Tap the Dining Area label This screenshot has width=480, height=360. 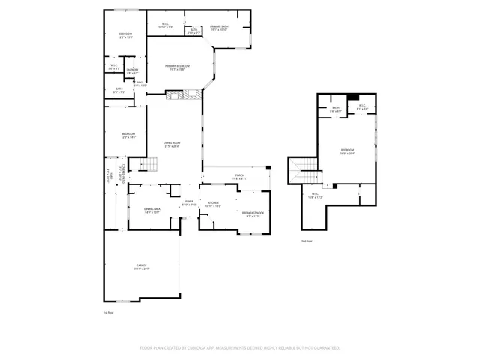point(152,211)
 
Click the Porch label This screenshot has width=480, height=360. point(239,178)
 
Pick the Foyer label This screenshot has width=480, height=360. point(190,203)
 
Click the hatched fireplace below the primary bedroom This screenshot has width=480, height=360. point(183,94)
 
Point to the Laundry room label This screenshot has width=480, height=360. point(132,71)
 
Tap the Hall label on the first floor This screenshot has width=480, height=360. point(139,84)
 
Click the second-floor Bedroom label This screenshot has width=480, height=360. point(347,151)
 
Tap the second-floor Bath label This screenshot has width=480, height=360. point(336,109)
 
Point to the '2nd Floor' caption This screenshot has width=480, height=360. point(306,241)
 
